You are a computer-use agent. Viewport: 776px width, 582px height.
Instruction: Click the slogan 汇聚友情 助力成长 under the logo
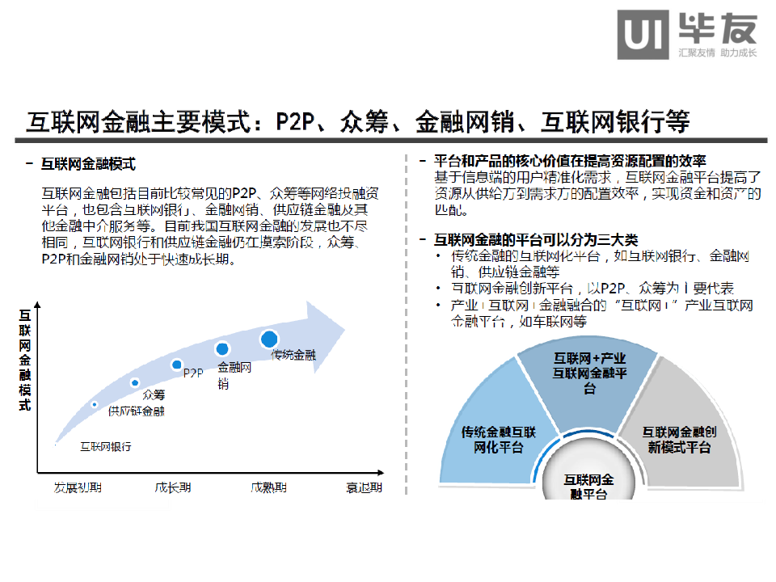(718, 53)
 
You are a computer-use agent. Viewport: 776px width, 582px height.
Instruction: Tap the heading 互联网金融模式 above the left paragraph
(88, 164)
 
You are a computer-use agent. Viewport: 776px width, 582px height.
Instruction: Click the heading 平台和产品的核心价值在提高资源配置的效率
(570, 160)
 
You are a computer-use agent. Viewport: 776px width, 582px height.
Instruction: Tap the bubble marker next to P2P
(177, 365)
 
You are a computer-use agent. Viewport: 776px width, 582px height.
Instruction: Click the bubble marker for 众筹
(135, 382)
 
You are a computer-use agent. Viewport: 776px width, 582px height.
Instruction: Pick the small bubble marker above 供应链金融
(95, 404)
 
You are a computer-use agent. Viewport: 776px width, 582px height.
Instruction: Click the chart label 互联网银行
(105, 446)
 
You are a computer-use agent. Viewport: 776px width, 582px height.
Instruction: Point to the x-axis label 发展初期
(78, 487)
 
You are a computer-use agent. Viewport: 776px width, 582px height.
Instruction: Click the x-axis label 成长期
(173, 487)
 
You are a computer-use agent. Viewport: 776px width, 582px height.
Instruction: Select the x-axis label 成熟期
(268, 487)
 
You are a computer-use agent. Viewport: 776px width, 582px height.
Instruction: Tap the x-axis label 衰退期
(364, 487)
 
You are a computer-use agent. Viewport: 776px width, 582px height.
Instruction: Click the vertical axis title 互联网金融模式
(25, 360)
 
